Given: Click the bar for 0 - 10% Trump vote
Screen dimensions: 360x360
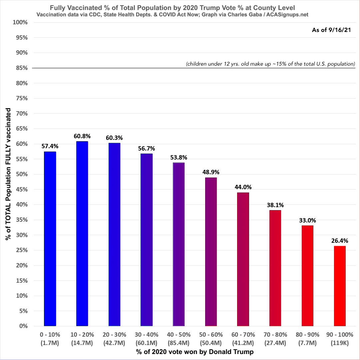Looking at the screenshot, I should (x=50, y=238).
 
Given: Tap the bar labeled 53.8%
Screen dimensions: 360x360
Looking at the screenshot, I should (x=179, y=244).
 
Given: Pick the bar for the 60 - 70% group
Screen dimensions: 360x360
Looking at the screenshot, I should (x=243, y=259).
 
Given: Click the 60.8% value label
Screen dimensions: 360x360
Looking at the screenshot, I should (x=82, y=136).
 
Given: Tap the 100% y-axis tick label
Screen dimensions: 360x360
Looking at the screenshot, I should (x=20, y=22).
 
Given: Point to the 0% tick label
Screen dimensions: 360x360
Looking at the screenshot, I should (x=23, y=326).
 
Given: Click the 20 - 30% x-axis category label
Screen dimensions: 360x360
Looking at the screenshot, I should (x=114, y=334).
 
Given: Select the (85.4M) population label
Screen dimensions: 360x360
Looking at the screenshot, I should (x=179, y=342).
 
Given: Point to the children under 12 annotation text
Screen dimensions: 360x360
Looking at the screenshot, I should (x=270, y=64).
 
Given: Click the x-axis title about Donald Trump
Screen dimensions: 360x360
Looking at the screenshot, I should (x=194, y=352).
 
